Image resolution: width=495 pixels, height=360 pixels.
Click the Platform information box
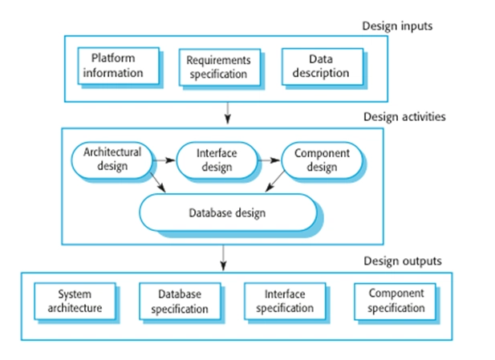coord(119,66)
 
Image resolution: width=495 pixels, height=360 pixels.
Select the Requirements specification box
coord(220,67)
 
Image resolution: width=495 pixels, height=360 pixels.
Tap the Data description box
coord(323,67)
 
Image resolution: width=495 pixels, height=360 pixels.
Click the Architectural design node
coord(112,160)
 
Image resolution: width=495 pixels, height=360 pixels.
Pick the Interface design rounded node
coord(217,160)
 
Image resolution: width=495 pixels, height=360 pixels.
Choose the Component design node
coord(322,160)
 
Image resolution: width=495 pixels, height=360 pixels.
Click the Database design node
coord(228,212)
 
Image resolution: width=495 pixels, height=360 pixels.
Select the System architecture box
coord(75,301)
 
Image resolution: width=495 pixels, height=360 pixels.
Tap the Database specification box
coord(180,301)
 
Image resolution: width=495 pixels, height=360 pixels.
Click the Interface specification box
coord(285,301)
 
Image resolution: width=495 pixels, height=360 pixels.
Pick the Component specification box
coord(396,301)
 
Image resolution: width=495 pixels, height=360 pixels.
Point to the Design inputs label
coord(397,26)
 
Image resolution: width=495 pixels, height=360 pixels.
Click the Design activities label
coord(404,117)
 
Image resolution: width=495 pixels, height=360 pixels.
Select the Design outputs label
coord(403,261)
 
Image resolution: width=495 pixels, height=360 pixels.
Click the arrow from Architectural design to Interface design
coord(164,160)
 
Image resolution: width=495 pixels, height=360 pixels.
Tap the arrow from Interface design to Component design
coord(269,160)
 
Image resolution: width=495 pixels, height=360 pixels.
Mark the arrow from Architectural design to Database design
coord(157,182)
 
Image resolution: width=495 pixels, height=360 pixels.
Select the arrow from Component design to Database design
coord(275,181)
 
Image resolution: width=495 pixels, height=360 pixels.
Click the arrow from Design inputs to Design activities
coord(228,113)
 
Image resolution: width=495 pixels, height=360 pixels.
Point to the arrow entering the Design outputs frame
coord(224,258)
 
